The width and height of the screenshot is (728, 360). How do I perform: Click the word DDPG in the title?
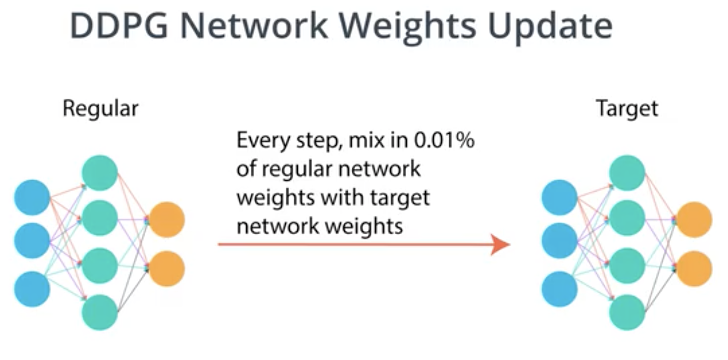pyautogui.click(x=119, y=26)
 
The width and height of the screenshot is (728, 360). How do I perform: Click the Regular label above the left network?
pyautogui.click(x=101, y=109)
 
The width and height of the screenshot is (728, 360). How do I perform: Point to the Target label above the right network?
pyautogui.click(x=627, y=109)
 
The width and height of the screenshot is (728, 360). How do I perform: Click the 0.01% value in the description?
pyautogui.click(x=444, y=140)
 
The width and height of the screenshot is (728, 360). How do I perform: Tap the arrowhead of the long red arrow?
pyautogui.click(x=500, y=244)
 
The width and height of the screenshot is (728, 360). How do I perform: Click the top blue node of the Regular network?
pyautogui.click(x=32, y=197)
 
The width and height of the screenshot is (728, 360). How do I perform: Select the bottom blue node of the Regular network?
pyautogui.click(x=32, y=289)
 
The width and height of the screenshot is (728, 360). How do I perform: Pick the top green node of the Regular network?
pyautogui.click(x=100, y=173)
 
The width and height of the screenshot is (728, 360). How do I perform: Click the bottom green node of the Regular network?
pyautogui.click(x=100, y=313)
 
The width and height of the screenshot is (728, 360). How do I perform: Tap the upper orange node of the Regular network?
pyautogui.click(x=167, y=220)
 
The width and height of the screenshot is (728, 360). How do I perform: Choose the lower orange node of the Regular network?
pyautogui.click(x=167, y=269)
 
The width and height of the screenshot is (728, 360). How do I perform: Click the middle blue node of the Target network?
pyautogui.click(x=559, y=241)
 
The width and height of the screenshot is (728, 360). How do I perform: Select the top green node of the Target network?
pyautogui.click(x=627, y=173)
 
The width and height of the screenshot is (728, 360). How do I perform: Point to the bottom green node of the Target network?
pyautogui.click(x=627, y=313)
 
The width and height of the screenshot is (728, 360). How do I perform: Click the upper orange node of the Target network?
pyautogui.click(x=694, y=220)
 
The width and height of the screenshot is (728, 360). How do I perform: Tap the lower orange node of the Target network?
pyautogui.click(x=694, y=269)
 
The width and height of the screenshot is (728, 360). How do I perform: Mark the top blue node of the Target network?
pyautogui.click(x=559, y=197)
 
